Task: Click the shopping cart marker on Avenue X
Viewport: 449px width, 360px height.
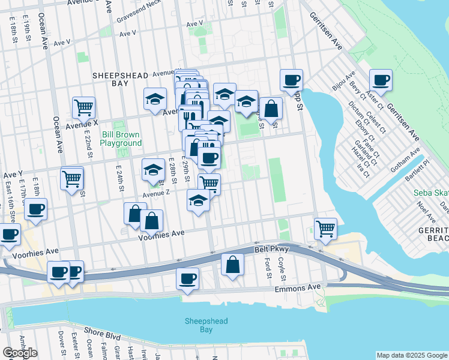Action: click(83, 108)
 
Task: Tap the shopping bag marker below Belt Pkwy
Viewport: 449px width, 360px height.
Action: click(232, 265)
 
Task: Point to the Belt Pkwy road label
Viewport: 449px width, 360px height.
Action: click(275, 249)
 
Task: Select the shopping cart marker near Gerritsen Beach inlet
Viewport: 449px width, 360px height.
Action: click(325, 229)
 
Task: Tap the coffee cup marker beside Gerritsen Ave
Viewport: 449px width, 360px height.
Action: click(381, 80)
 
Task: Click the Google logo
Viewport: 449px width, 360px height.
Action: click(20, 353)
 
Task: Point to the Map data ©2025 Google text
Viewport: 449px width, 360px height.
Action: click(412, 355)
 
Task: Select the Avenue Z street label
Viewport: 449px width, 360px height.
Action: click(157, 193)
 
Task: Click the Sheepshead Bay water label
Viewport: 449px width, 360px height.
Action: click(206, 326)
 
